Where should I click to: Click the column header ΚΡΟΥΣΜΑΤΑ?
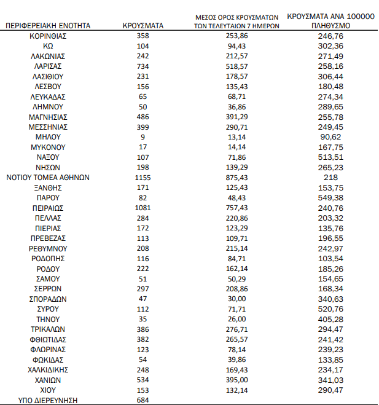coord(143,26)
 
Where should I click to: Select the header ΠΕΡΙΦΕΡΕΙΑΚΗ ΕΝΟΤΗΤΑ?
coord(48,26)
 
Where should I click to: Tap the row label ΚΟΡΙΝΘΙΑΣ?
coord(48,36)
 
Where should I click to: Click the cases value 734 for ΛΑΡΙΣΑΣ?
coord(143,66)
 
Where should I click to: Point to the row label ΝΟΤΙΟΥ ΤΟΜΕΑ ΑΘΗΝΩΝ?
coord(48,177)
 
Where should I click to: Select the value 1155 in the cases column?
coord(143,177)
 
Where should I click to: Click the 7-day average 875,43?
coord(236,177)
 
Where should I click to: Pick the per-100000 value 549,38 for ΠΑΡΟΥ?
coord(331,197)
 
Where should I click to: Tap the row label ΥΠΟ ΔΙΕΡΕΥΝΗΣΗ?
coord(48,401)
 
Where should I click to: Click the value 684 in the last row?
coord(143,401)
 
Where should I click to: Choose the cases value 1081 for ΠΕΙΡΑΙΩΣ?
coord(143,208)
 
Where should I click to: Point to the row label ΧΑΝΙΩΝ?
coord(48,380)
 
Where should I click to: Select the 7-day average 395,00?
coord(236,380)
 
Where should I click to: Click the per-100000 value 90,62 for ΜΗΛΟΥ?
coord(331,137)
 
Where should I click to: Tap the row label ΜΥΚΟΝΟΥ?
coord(48,147)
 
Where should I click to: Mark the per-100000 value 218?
coord(331,177)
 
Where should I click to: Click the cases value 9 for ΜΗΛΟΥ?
coord(143,137)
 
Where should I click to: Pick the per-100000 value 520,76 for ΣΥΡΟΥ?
coord(331,309)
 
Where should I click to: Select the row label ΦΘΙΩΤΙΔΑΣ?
coord(48,339)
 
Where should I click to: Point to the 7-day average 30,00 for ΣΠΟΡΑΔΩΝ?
coord(236,299)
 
